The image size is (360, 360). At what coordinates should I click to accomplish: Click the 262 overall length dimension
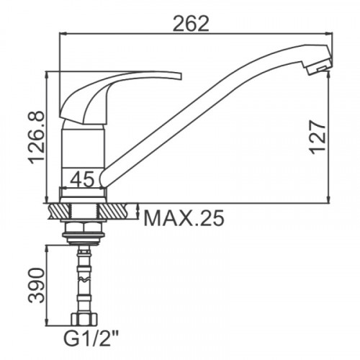pyautogui.click(x=191, y=24)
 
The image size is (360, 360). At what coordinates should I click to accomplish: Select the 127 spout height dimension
pyautogui.click(x=318, y=138)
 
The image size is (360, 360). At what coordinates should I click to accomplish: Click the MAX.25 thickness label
pyautogui.click(x=184, y=218)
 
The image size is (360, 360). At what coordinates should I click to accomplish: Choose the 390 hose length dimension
pyautogui.click(x=37, y=286)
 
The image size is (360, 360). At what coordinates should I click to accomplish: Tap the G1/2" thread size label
pyautogui.click(x=91, y=338)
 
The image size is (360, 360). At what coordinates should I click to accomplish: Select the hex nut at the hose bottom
pyautogui.click(x=84, y=319)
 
